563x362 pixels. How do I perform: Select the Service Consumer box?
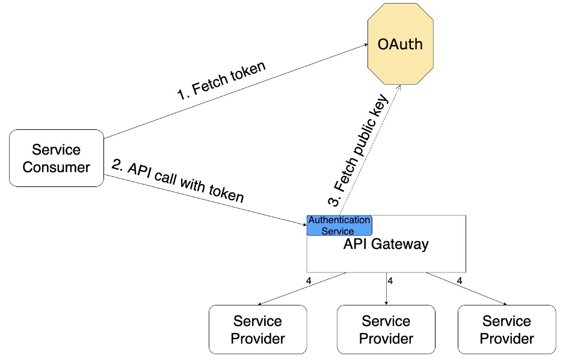click(x=56, y=158)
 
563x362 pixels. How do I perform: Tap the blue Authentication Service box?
click(x=339, y=225)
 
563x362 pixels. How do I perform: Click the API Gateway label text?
click(x=386, y=244)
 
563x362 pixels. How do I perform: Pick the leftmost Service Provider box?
click(x=257, y=330)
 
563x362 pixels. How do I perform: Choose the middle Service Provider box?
click(x=386, y=330)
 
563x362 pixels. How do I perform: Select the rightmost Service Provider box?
click(x=506, y=330)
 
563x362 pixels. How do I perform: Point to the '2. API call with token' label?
click(x=178, y=181)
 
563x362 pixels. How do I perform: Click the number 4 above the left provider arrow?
click(x=308, y=281)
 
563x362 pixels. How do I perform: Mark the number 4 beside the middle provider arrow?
click(x=390, y=281)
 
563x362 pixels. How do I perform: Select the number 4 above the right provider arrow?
click(x=460, y=281)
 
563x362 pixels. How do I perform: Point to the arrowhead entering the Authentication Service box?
click(x=304, y=224)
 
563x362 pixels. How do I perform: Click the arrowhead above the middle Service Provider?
click(x=386, y=301)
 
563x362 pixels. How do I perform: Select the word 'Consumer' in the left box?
click(x=56, y=167)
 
